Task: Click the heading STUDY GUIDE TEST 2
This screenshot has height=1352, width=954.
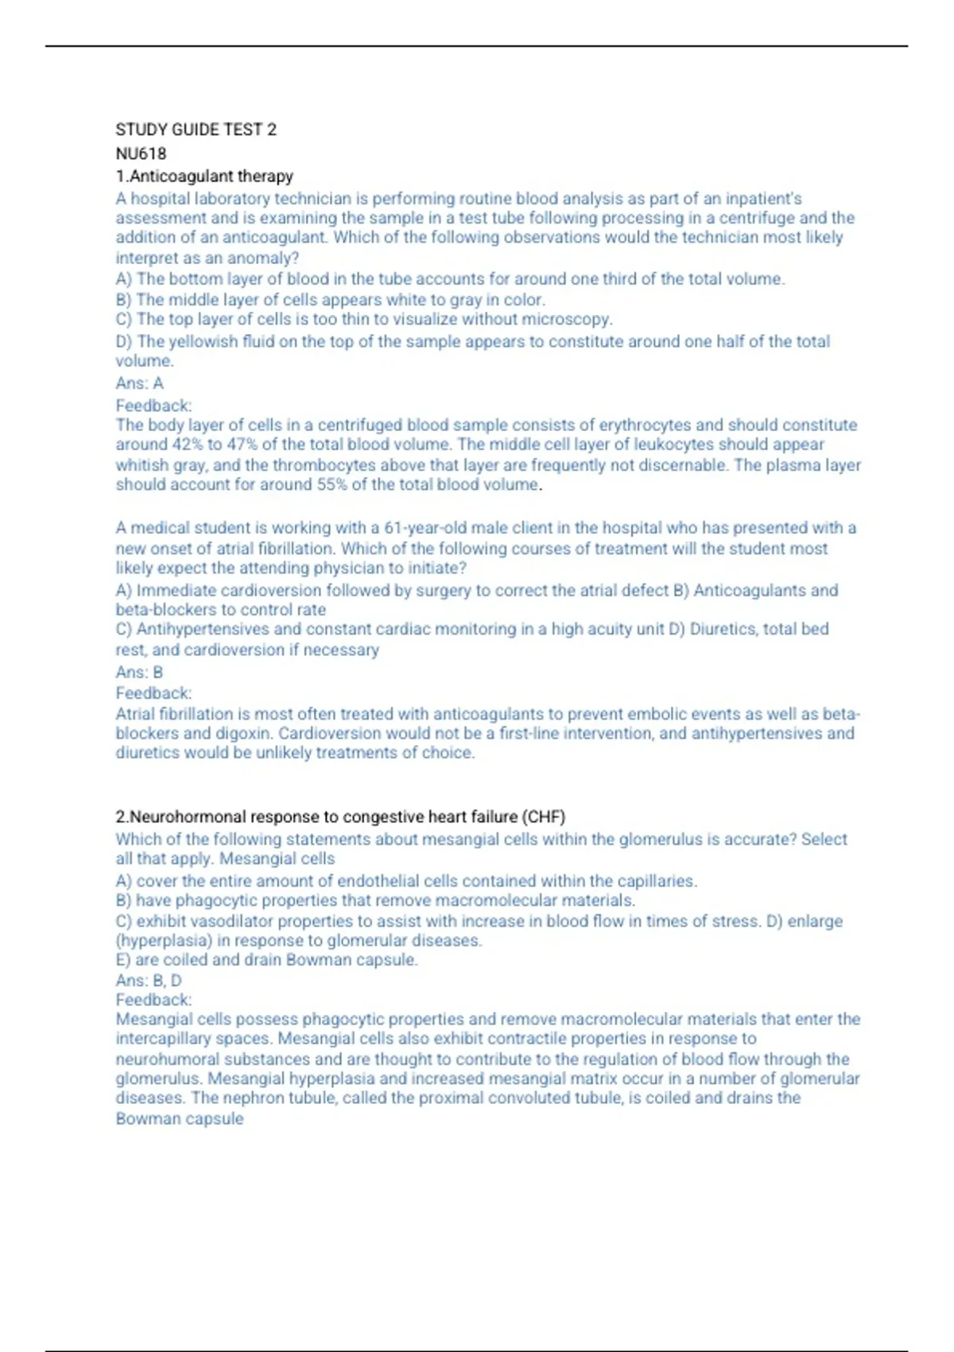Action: pos(196,130)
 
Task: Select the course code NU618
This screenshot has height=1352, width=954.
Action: pos(141,153)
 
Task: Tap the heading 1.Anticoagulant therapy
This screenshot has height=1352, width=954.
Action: pos(204,176)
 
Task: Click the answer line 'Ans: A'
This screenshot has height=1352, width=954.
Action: pos(139,383)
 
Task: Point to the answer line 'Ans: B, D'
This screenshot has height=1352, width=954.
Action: pos(149,981)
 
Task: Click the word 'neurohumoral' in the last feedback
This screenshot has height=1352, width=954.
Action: pos(168,1059)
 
